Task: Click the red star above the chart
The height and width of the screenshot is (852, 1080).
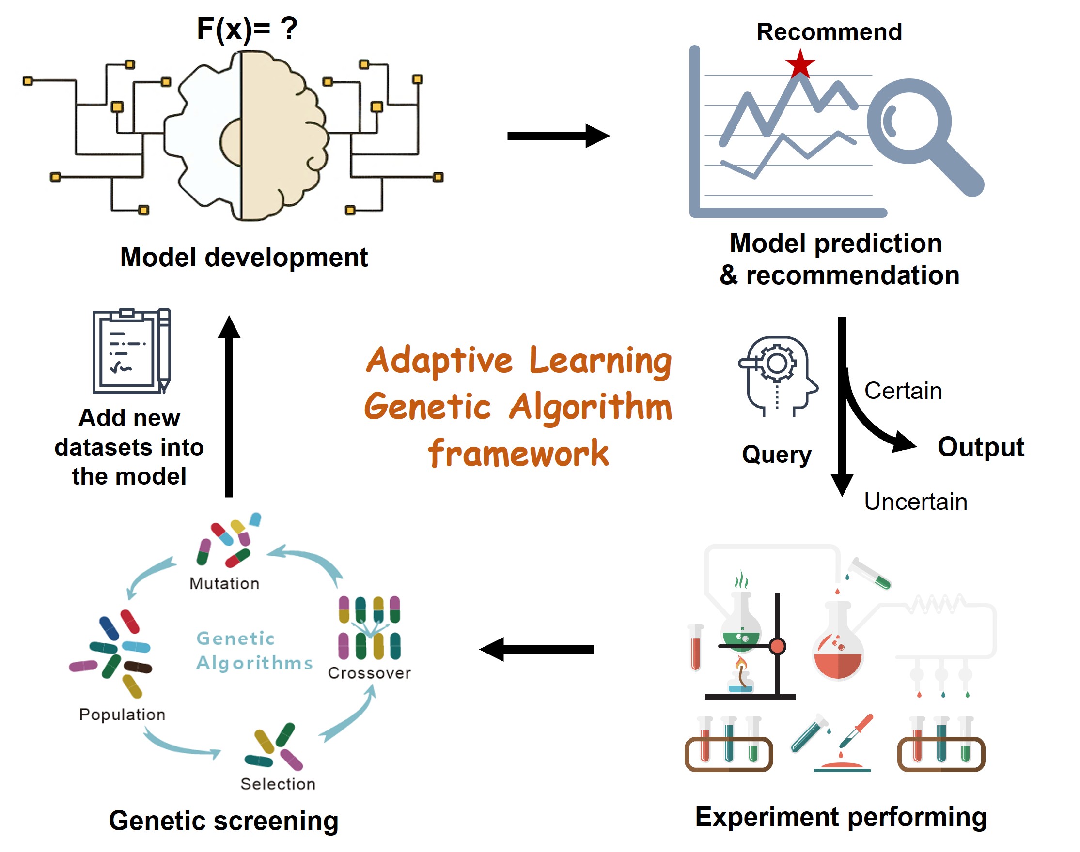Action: pos(800,64)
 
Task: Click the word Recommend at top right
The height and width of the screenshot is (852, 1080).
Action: pos(829,32)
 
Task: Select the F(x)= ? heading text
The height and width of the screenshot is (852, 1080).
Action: pos(247,29)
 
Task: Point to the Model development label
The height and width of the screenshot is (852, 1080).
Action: pos(244,258)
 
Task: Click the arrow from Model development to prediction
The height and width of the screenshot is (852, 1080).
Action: pos(558,136)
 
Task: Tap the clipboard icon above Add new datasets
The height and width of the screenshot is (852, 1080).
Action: pos(131,350)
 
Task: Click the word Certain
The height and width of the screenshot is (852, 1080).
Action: pos(903,391)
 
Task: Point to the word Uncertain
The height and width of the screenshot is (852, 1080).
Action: pos(915,502)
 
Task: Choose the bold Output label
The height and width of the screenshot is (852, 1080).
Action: pos(981,446)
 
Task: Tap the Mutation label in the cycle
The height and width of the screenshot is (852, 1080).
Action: pos(224,583)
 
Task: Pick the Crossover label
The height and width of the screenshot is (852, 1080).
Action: pos(369,673)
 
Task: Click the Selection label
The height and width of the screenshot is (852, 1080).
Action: pos(278,784)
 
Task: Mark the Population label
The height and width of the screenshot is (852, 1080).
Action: pos(122,715)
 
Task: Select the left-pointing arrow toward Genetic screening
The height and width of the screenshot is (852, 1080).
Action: pos(536,649)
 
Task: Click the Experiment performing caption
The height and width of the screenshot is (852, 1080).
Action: pos(841,817)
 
